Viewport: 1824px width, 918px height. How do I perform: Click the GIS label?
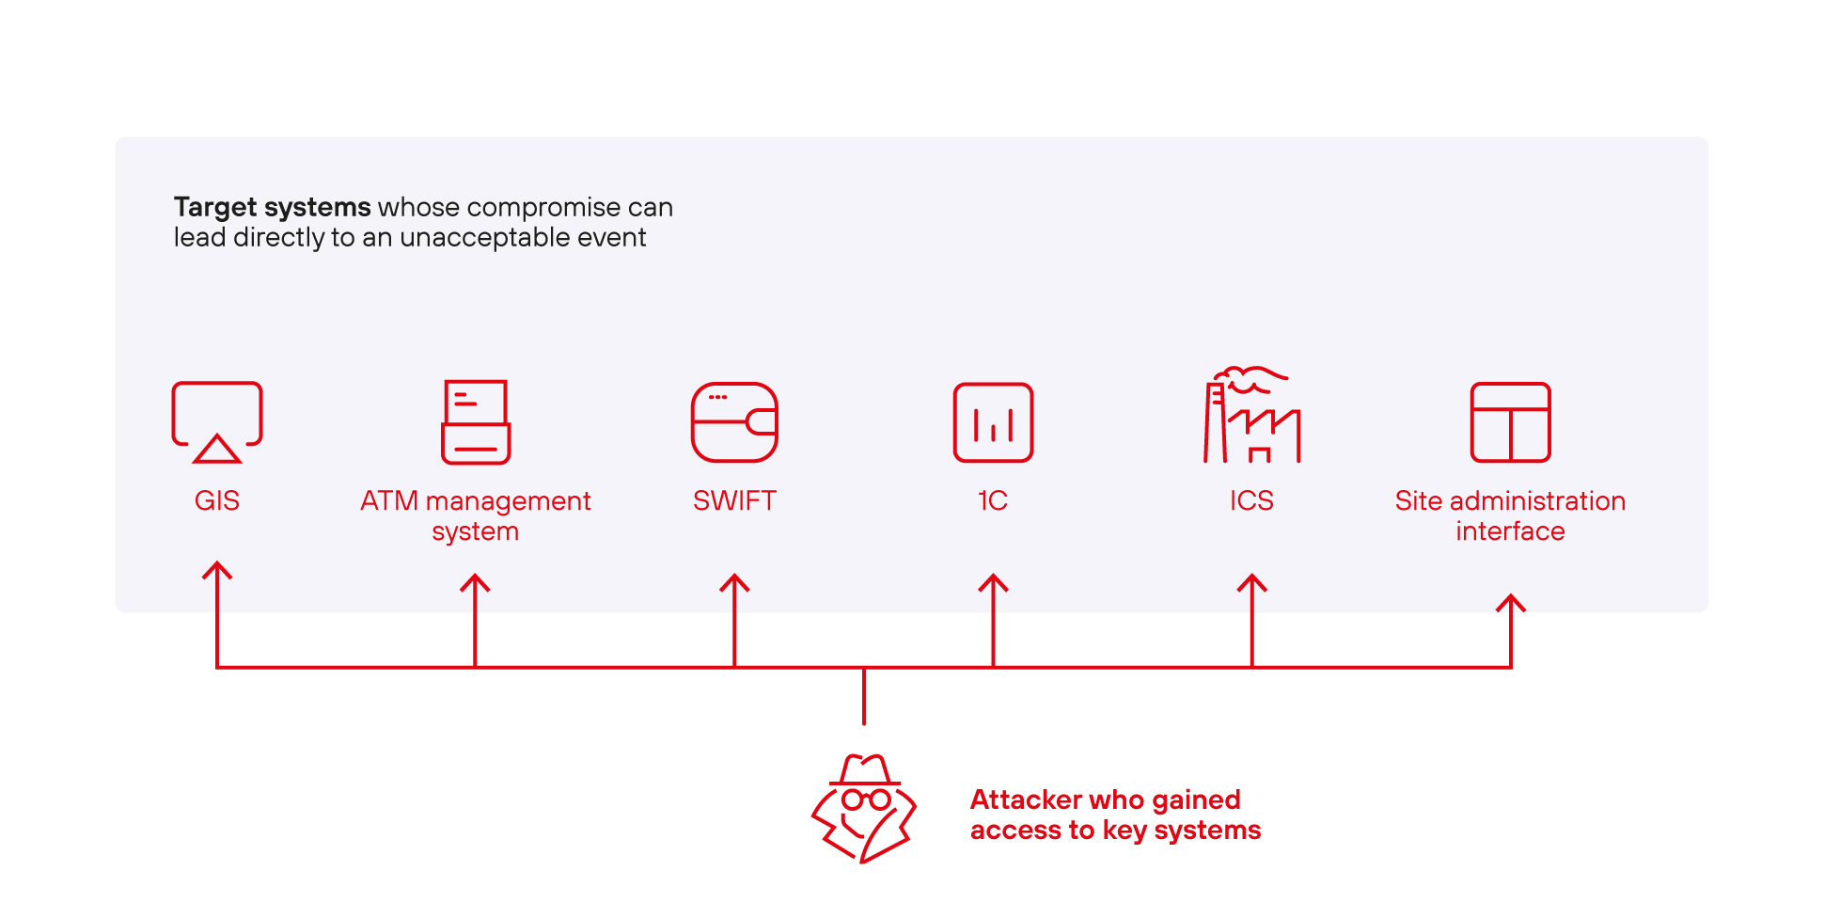click(216, 500)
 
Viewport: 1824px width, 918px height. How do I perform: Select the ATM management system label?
click(475, 515)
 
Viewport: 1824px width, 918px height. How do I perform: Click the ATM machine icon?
click(476, 422)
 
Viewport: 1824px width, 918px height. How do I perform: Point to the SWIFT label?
click(734, 500)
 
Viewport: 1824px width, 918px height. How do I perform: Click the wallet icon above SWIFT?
click(734, 422)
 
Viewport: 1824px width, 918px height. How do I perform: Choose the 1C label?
click(993, 500)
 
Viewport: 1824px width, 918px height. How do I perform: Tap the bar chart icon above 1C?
click(993, 422)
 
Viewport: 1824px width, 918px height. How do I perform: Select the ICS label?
click(1251, 500)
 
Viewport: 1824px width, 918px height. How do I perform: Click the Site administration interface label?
click(1510, 515)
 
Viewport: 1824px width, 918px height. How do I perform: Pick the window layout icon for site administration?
click(1510, 422)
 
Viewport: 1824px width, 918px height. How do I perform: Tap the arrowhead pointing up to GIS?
click(217, 569)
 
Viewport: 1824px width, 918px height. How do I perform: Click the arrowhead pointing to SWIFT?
click(734, 581)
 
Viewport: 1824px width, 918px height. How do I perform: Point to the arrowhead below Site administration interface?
click(1511, 602)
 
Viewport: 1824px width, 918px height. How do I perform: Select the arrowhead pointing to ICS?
click(1251, 581)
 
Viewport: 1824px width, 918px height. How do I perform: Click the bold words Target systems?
click(272, 207)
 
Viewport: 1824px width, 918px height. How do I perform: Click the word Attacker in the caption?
click(1026, 799)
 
